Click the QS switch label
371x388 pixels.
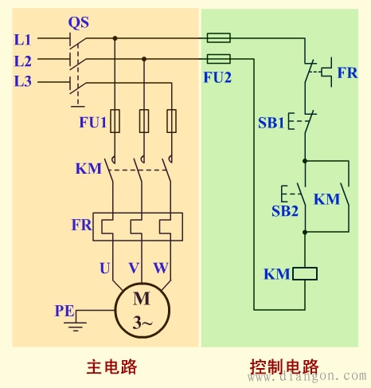(78, 22)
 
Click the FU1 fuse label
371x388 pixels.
(92, 123)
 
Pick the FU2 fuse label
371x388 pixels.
(217, 78)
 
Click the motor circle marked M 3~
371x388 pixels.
(141, 311)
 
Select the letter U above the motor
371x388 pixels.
(105, 268)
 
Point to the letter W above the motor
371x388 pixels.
(161, 268)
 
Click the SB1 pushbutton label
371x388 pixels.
(271, 123)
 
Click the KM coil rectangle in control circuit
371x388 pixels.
(305, 274)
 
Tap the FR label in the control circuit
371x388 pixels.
(347, 72)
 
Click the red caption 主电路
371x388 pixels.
(111, 367)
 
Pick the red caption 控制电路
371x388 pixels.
(283, 367)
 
